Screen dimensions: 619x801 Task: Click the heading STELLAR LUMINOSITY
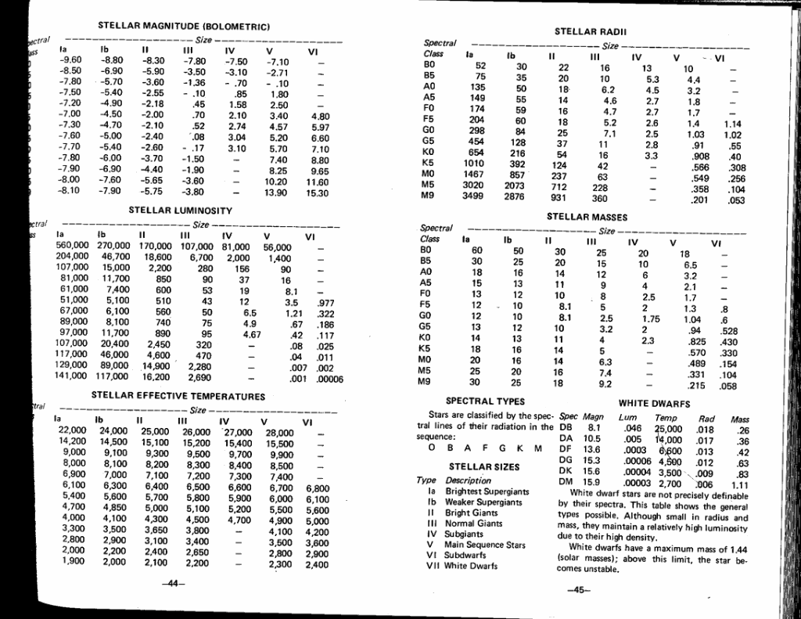click(x=180, y=211)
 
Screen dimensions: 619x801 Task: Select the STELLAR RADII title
click(x=587, y=32)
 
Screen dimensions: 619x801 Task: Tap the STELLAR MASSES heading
click(x=587, y=216)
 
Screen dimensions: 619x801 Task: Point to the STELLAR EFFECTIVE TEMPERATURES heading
click(x=178, y=396)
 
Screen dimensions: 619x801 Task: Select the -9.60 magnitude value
click(x=71, y=60)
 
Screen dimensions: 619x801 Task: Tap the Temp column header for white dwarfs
click(x=666, y=419)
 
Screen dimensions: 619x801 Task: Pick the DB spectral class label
click(x=567, y=429)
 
